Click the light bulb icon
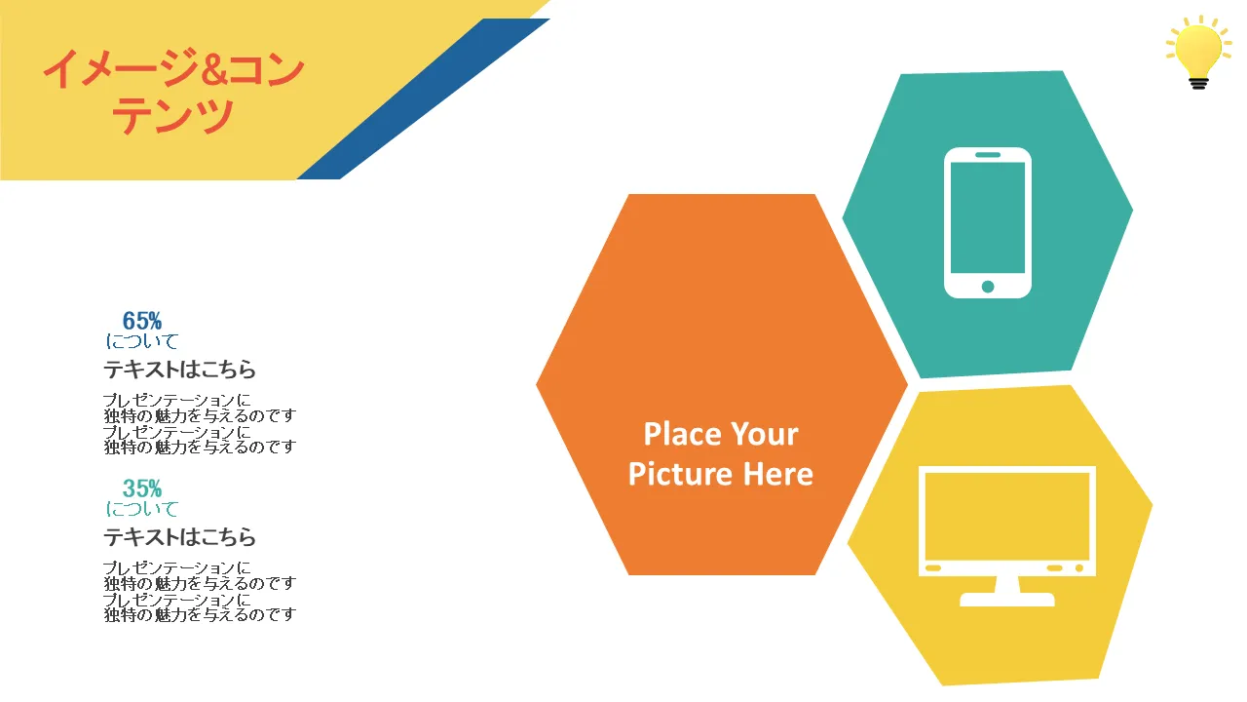[x=1198, y=52]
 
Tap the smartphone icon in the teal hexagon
[x=988, y=223]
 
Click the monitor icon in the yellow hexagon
[x=1007, y=536]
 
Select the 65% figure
[x=142, y=321]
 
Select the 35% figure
[x=142, y=488]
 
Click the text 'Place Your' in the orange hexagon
[x=721, y=434]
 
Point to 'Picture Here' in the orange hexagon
[x=721, y=474]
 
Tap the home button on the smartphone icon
[x=988, y=287]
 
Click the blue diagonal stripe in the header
[x=423, y=99]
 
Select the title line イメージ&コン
[x=173, y=69]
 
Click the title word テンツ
[x=172, y=115]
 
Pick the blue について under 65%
[x=142, y=341]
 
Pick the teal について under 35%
[x=142, y=509]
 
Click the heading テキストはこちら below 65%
[x=179, y=370]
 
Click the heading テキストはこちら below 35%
[x=179, y=537]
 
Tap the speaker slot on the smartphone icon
[x=988, y=155]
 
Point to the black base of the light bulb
[x=1198, y=83]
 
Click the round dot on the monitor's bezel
[x=1078, y=568]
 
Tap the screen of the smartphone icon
[x=988, y=217]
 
